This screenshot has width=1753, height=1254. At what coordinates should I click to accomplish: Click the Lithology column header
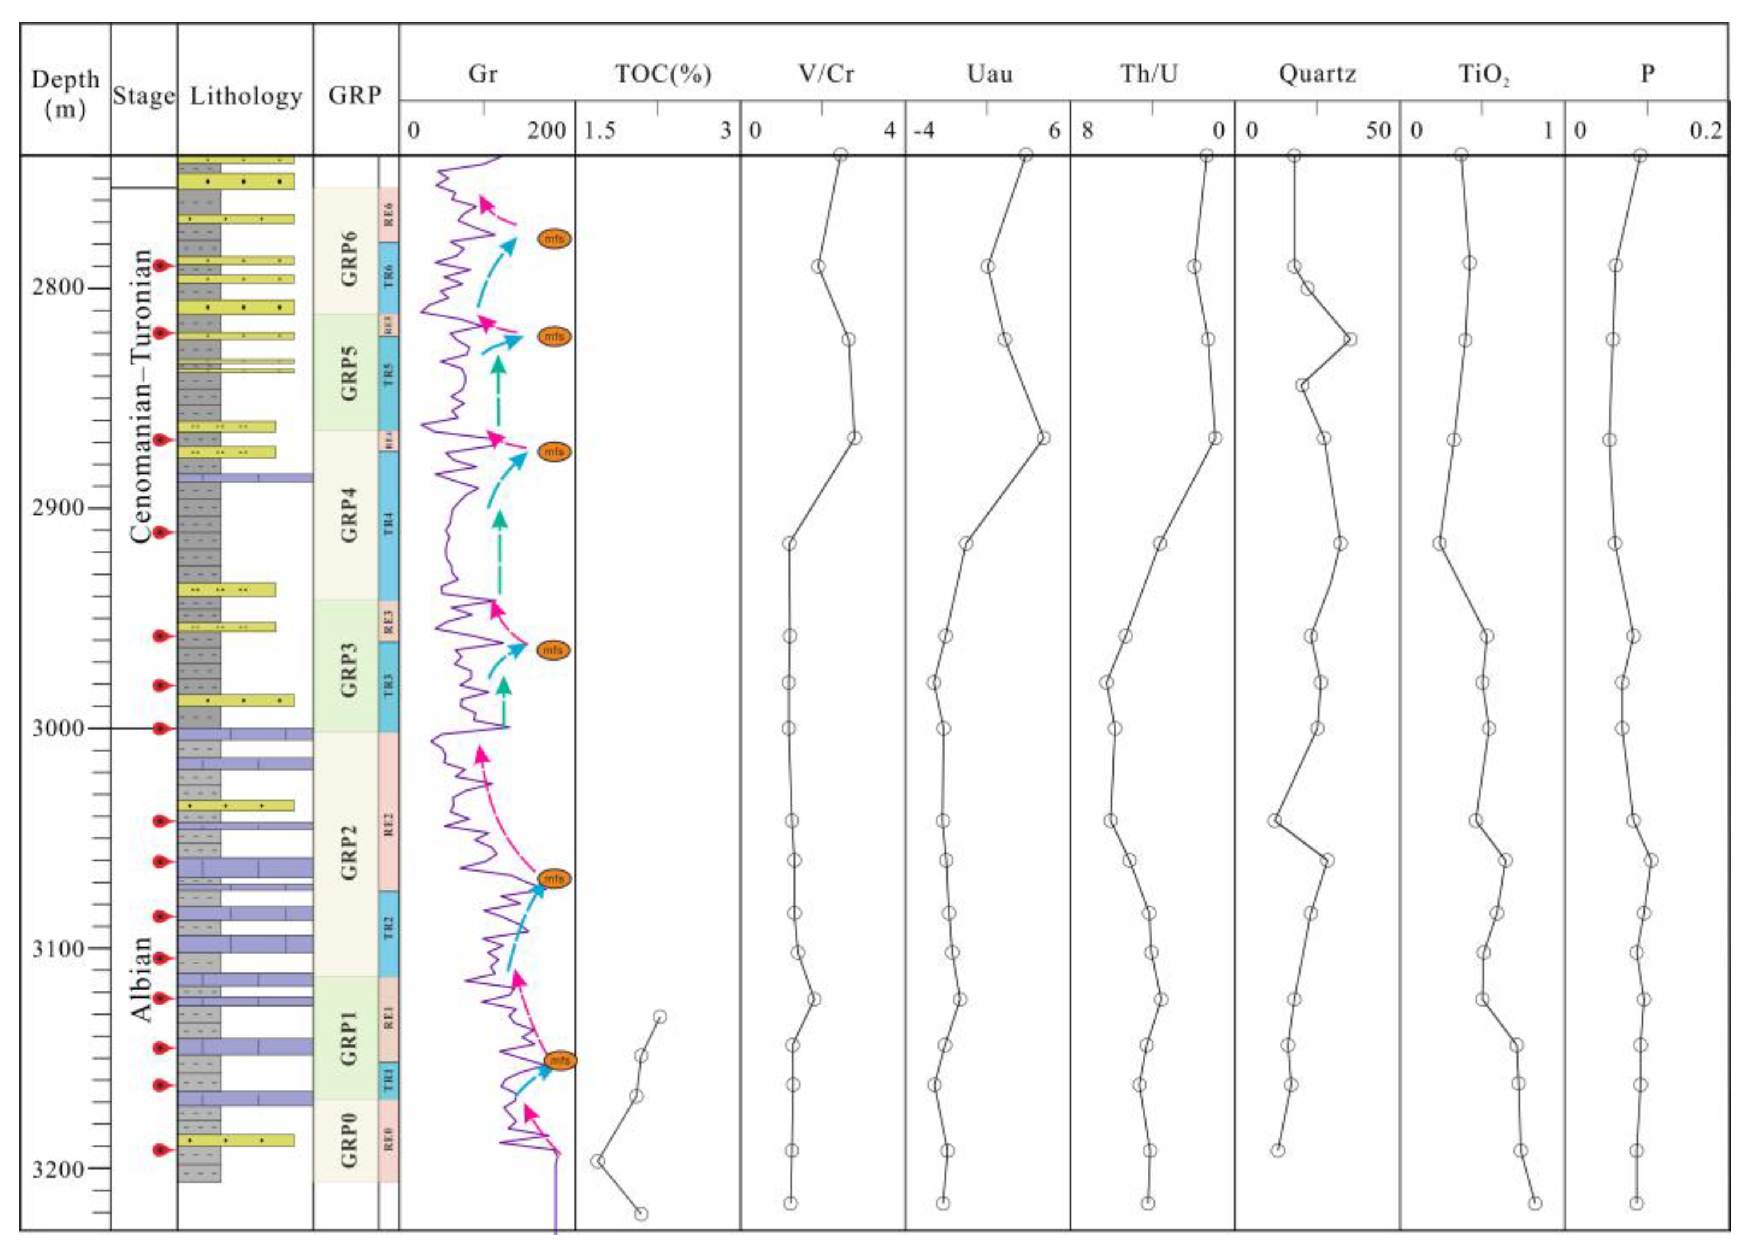246,96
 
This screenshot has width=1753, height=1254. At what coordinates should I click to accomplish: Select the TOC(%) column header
662,74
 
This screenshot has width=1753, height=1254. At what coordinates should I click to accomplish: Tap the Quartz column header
1317,74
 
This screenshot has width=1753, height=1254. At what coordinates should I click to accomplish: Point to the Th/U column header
1149,74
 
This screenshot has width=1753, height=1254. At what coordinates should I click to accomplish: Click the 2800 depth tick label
57,287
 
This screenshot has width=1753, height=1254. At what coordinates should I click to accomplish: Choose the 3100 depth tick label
57,948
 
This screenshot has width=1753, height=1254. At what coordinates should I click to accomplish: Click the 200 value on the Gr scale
547,131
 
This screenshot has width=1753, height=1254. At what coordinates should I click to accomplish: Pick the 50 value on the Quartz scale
1378,131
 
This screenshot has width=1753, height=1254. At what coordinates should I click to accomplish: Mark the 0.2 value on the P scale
1705,131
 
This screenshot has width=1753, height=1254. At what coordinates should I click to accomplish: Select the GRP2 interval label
349,853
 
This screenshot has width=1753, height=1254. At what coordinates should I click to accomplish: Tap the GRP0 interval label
349,1140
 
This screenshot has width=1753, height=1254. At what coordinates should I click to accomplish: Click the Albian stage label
142,979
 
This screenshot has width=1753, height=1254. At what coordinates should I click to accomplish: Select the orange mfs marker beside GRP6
554,239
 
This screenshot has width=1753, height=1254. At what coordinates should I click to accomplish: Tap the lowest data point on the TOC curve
597,1161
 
